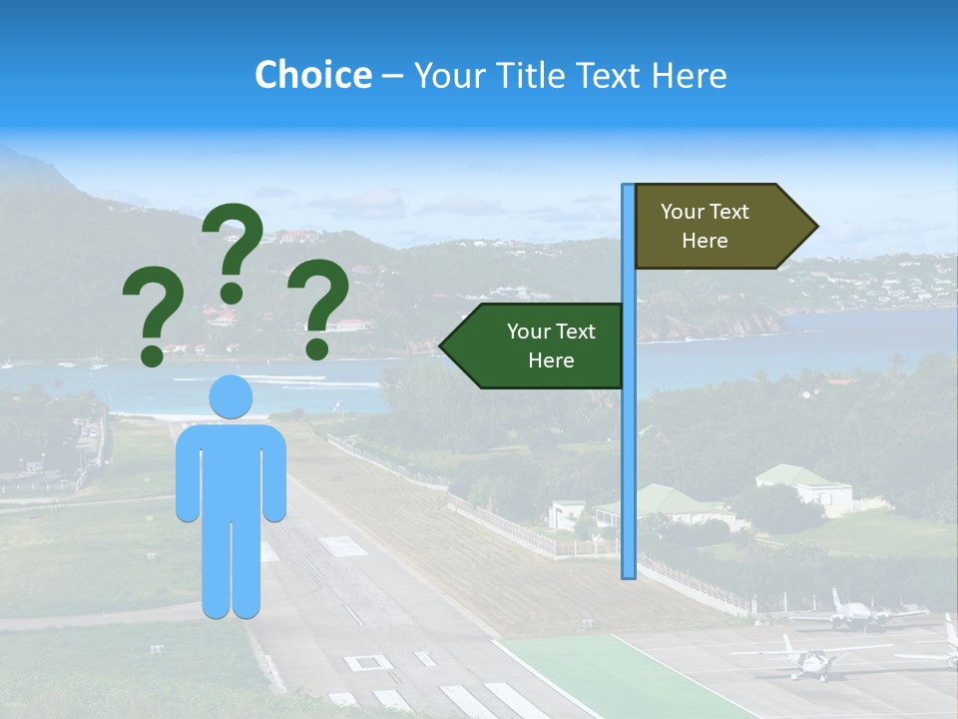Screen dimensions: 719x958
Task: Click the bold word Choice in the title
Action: click(x=312, y=75)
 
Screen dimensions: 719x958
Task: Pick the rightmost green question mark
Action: click(x=318, y=308)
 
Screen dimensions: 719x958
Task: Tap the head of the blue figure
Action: click(x=231, y=396)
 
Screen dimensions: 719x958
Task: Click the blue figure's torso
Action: click(x=231, y=469)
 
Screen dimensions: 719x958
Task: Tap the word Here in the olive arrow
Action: click(x=705, y=241)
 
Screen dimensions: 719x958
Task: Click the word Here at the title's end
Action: click(x=689, y=75)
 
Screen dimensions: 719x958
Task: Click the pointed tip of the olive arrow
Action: click(x=816, y=227)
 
